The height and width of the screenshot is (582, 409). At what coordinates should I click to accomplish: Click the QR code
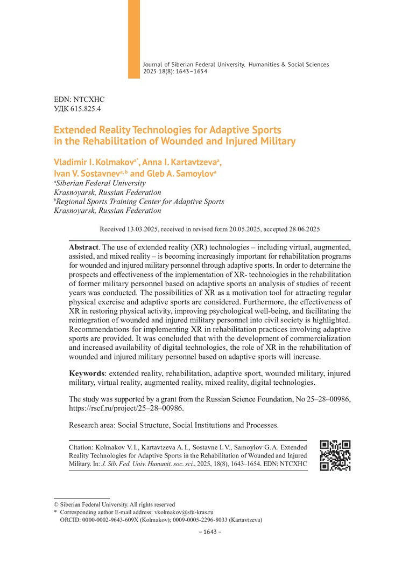click(x=335, y=455)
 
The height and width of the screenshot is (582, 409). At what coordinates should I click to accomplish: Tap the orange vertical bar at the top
click(x=133, y=39)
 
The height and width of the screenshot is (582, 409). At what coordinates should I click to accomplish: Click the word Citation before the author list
click(x=83, y=447)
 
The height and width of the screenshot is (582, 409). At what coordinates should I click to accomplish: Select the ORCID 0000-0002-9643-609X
click(x=112, y=520)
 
